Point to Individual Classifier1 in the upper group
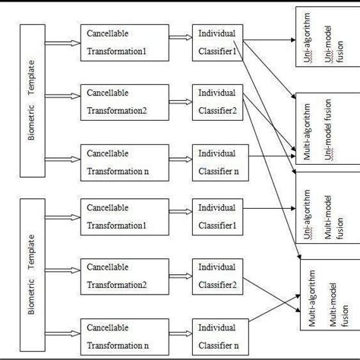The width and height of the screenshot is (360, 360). (219, 41)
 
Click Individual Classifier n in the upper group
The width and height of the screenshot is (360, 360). (219, 159)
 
